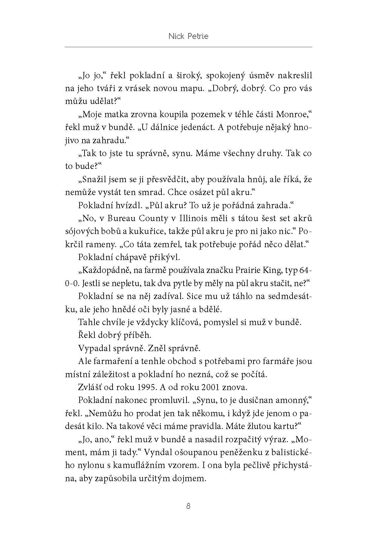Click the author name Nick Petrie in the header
pos(188,36)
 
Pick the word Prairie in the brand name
pos(248,270)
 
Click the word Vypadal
pos(93,348)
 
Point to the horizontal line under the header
pos(188,47)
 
